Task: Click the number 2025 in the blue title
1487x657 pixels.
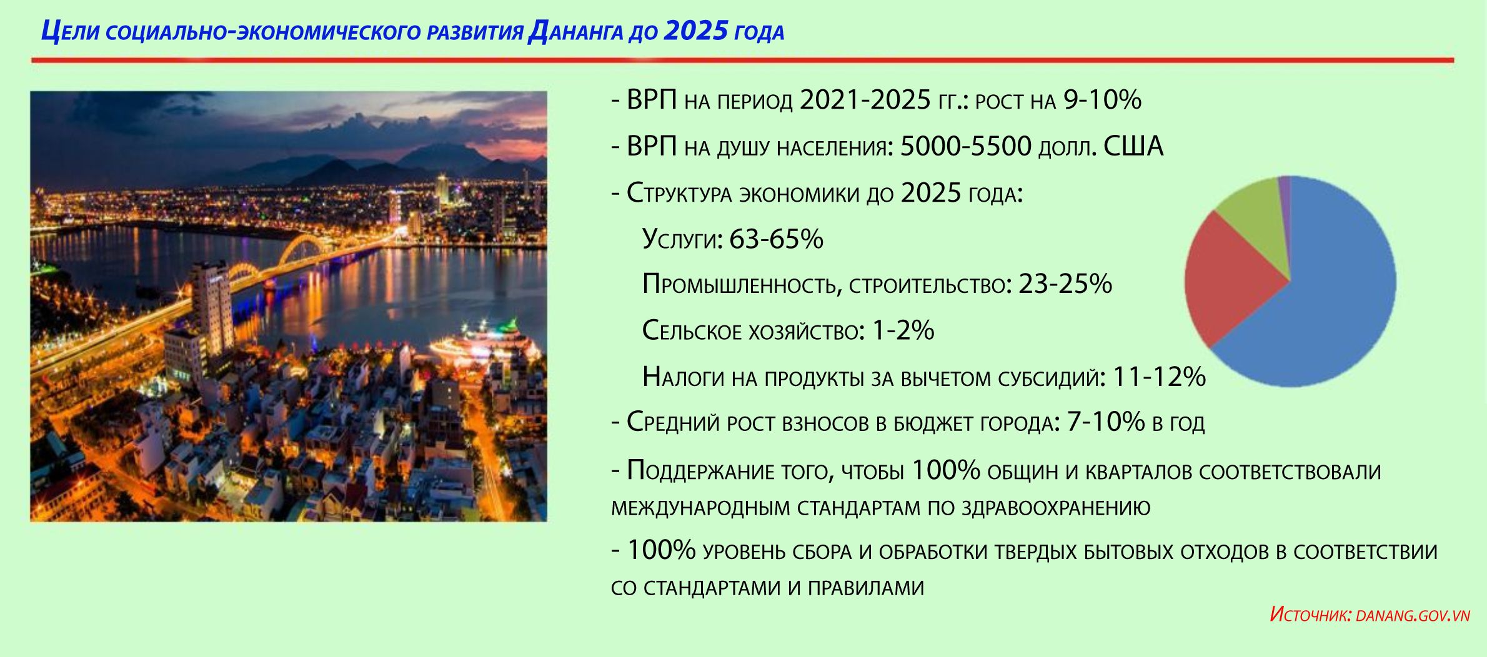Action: tap(696, 31)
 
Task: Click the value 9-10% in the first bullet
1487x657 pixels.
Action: tap(1102, 99)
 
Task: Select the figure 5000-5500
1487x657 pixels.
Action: tap(965, 146)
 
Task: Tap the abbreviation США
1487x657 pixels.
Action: tap(1133, 146)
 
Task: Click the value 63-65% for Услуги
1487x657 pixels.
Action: tap(776, 239)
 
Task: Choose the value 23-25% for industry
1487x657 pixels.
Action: tap(1065, 284)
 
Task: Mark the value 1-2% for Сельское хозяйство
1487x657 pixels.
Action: tap(903, 330)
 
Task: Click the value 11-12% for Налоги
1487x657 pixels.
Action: tap(1160, 377)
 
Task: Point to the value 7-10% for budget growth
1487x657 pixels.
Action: tap(1106, 422)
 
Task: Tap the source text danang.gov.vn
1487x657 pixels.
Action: tap(1413, 616)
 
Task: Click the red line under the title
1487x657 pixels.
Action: tap(743, 61)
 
